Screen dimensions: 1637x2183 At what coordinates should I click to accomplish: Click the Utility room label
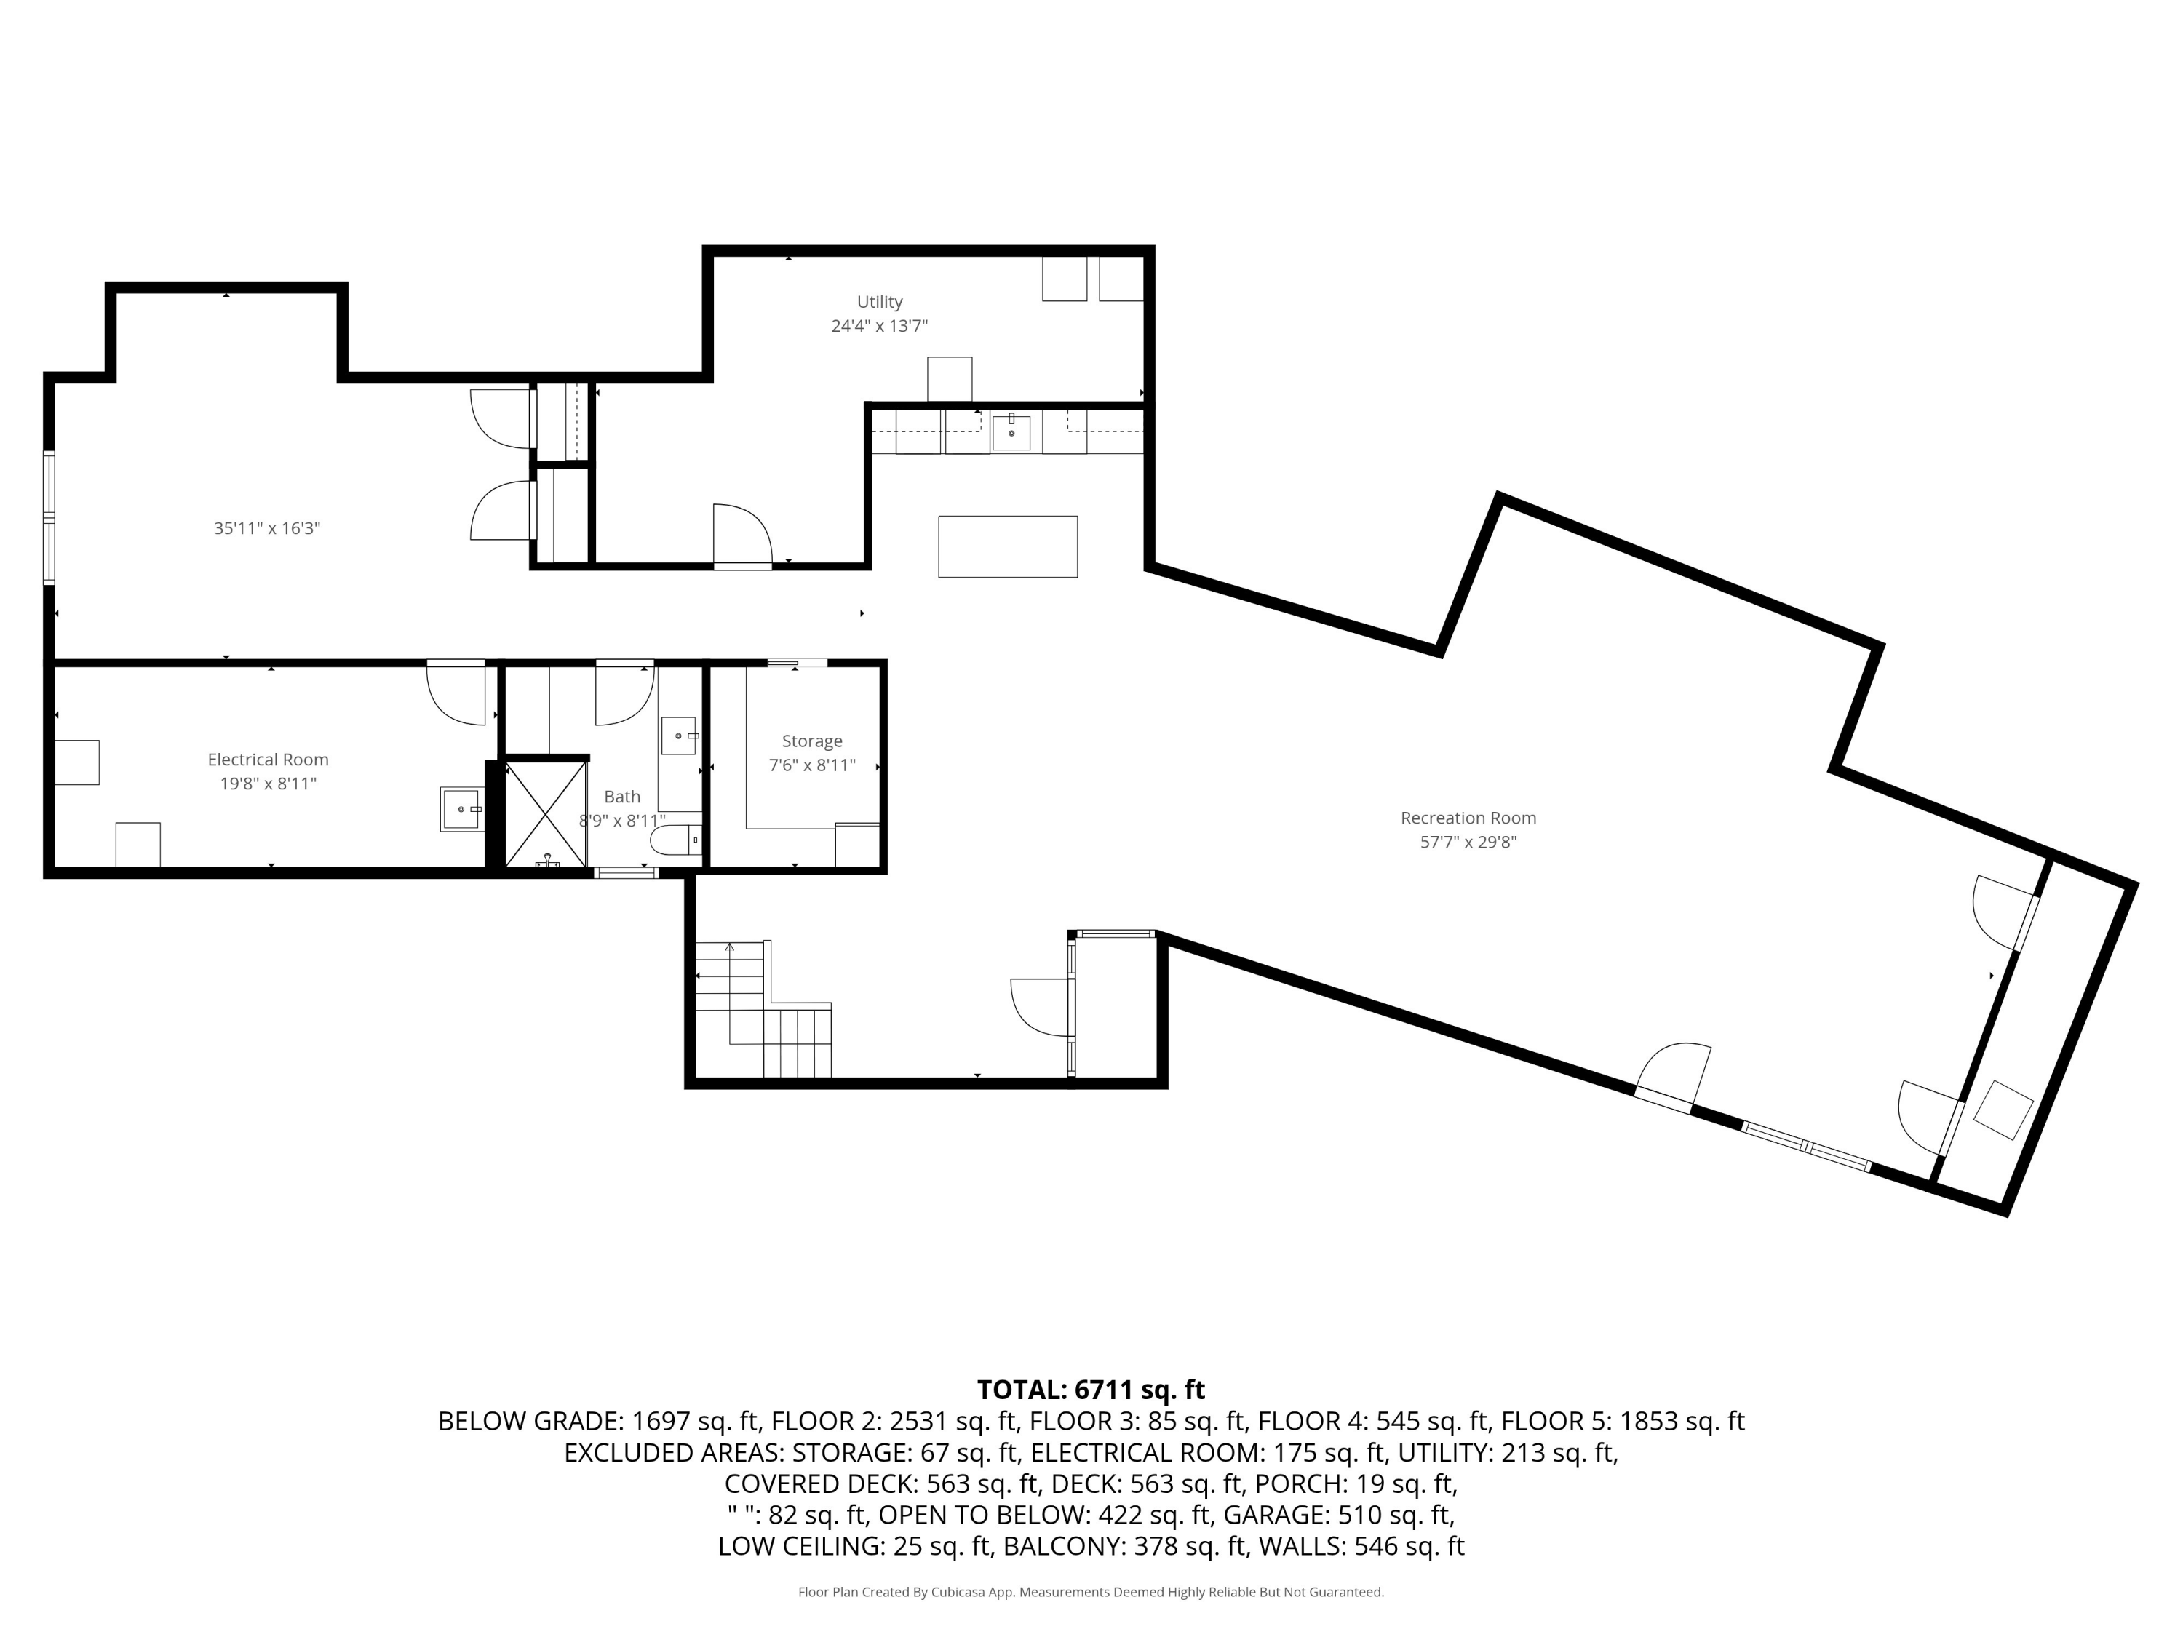point(878,302)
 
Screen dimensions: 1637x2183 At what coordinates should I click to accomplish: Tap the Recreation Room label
point(1468,818)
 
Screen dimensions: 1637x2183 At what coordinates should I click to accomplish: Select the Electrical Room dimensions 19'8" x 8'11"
point(268,784)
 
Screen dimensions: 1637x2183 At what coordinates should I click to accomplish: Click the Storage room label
point(811,741)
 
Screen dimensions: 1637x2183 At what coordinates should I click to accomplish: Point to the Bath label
point(621,796)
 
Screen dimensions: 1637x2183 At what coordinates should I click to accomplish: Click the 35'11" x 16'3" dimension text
point(266,528)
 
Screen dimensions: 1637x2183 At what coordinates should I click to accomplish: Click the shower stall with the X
point(545,814)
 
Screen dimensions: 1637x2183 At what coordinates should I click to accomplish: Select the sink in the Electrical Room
point(461,809)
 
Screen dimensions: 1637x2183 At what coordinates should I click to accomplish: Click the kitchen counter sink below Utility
point(1011,432)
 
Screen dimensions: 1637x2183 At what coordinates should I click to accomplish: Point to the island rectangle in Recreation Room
point(1006,546)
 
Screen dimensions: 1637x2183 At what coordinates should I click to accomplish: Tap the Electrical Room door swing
point(457,693)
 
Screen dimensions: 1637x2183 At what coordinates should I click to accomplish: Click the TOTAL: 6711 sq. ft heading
point(1091,1390)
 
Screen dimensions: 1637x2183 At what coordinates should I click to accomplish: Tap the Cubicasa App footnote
point(1091,1592)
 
